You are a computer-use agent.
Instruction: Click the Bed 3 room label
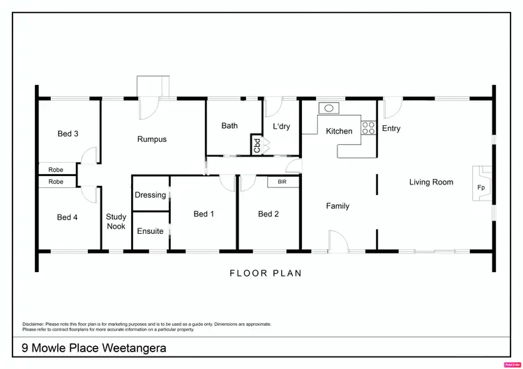click(67, 134)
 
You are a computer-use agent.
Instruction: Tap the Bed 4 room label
click(67, 217)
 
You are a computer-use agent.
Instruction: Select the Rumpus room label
click(151, 139)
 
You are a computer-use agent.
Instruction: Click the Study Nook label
click(116, 221)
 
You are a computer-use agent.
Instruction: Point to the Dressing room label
click(150, 195)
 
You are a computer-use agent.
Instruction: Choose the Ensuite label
click(150, 231)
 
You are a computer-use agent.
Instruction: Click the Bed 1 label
click(204, 214)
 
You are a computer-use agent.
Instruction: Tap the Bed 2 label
click(268, 214)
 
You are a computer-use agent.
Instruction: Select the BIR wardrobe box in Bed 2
click(282, 182)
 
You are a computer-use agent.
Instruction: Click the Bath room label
click(229, 126)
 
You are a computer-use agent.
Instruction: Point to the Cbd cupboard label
click(257, 146)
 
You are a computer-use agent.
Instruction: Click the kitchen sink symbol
click(328, 108)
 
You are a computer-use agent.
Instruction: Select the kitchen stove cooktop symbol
click(367, 127)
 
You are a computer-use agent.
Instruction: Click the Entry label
click(391, 128)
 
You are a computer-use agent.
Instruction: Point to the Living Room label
click(431, 182)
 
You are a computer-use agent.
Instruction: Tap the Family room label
click(338, 206)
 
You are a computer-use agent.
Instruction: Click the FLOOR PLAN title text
click(266, 273)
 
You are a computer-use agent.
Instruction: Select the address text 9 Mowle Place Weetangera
click(94, 347)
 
